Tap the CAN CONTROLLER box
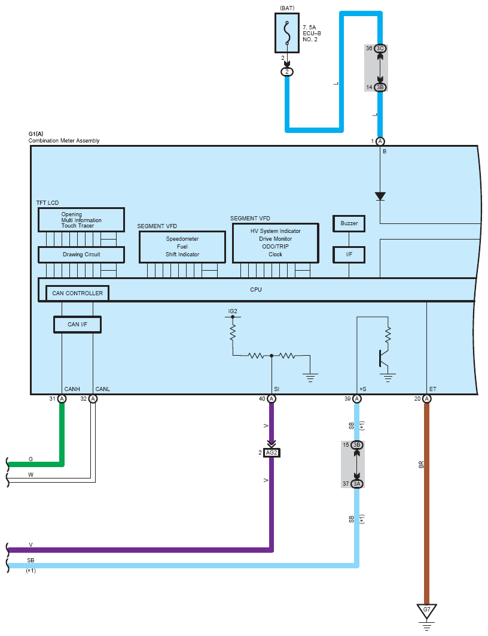pyautogui.click(x=77, y=293)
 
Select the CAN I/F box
pyautogui.click(x=77, y=325)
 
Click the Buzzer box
pyautogui.click(x=349, y=223)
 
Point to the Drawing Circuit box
pyautogui.click(x=81, y=255)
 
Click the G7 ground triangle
pyautogui.click(x=426, y=611)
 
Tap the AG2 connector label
pyautogui.click(x=272, y=452)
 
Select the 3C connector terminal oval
pyautogui.click(x=380, y=49)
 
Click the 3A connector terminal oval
pyautogui.click(x=357, y=484)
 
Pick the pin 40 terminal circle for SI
pyautogui.click(x=272, y=399)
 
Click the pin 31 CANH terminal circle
pyautogui.click(x=62, y=399)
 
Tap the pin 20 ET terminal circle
pyautogui.click(x=427, y=399)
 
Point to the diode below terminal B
pyautogui.click(x=380, y=196)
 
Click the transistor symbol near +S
pyautogui.click(x=383, y=358)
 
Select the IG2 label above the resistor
pyautogui.click(x=233, y=311)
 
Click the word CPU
pyautogui.click(x=256, y=290)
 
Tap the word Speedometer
pyautogui.click(x=182, y=239)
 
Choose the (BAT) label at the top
pyautogui.click(x=287, y=8)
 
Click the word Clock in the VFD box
pyautogui.click(x=275, y=255)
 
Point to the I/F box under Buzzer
pyautogui.click(x=349, y=255)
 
